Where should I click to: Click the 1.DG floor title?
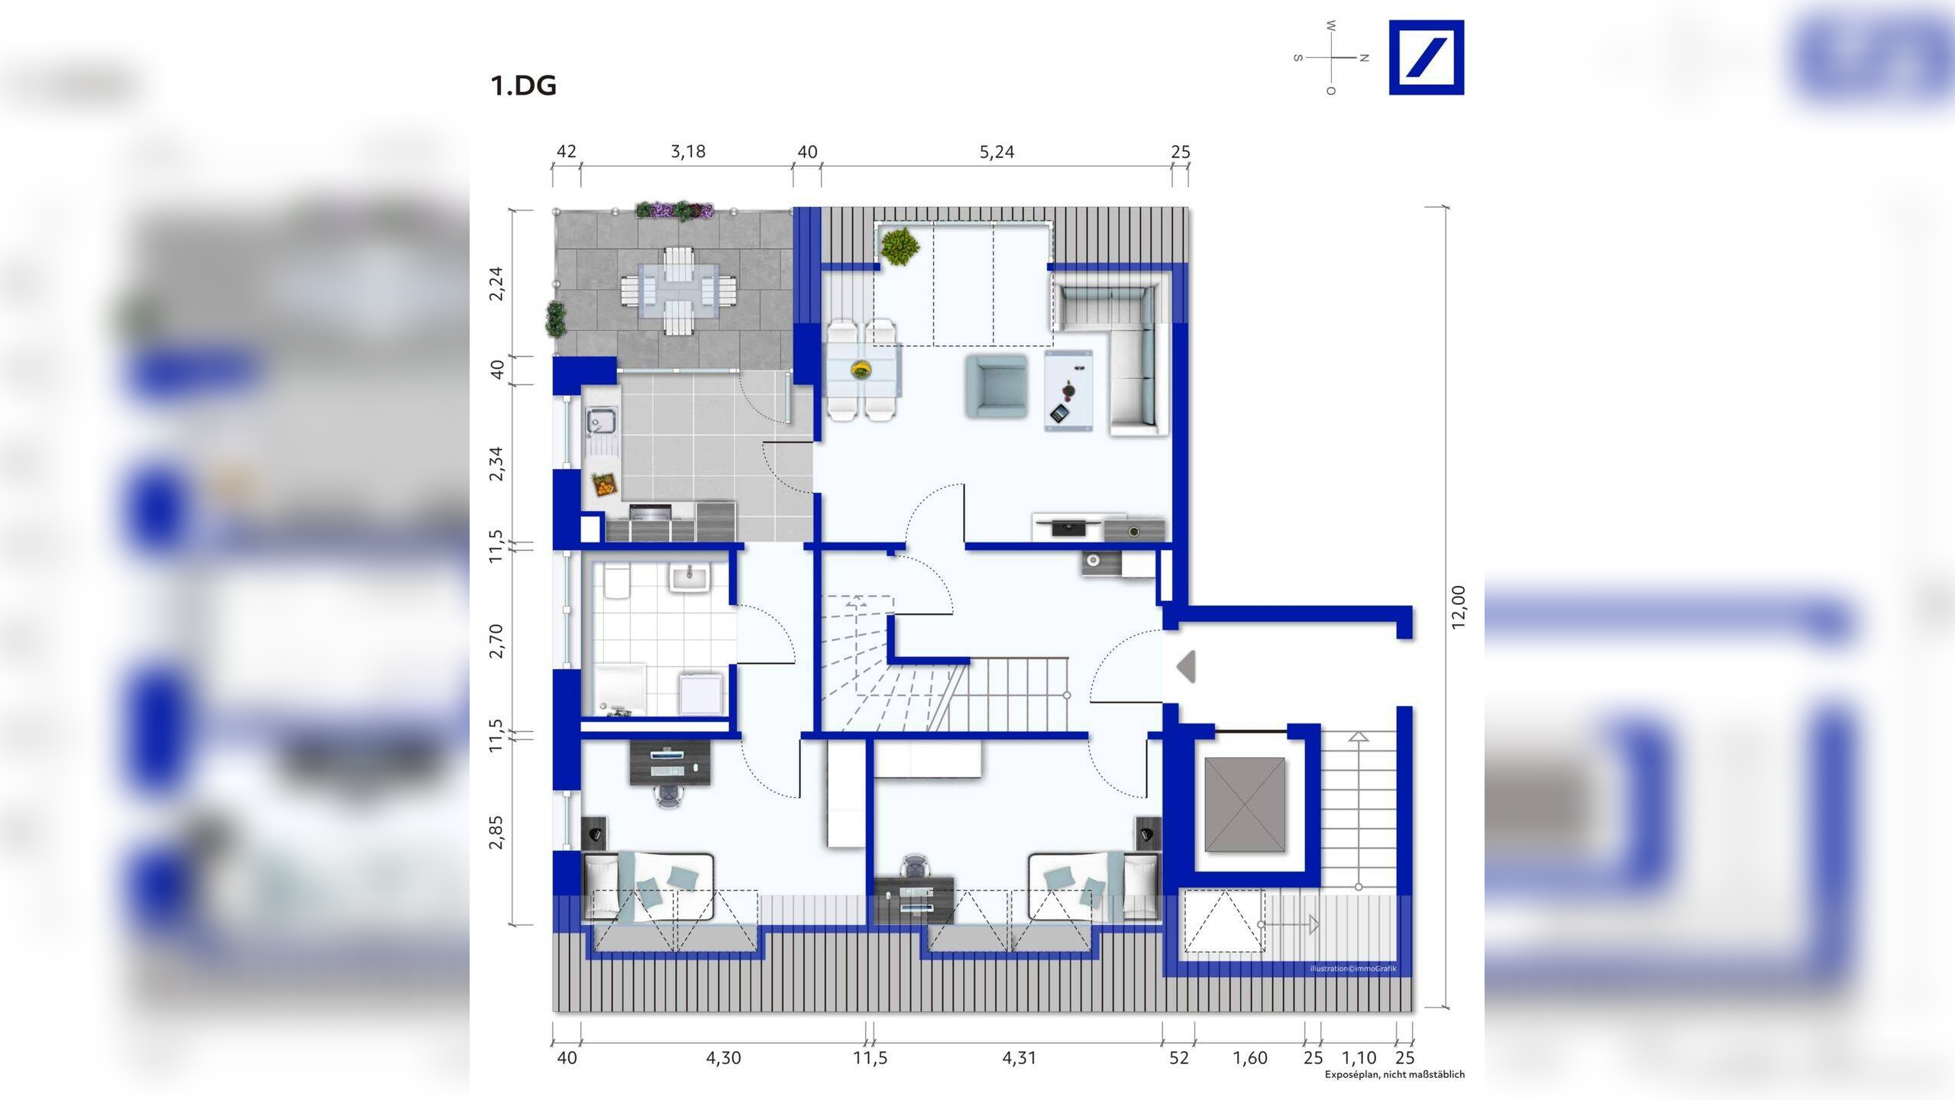click(523, 86)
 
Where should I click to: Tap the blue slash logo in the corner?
click(1426, 57)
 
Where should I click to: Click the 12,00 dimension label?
click(1459, 607)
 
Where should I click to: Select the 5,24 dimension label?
click(997, 152)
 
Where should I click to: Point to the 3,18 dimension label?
click(688, 151)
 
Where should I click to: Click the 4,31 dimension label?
click(1019, 1058)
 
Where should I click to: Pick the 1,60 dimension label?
click(1249, 1058)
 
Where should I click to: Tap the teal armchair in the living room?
click(996, 386)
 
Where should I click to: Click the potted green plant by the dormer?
click(900, 246)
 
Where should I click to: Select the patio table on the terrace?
click(679, 290)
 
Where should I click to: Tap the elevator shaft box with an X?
click(1245, 804)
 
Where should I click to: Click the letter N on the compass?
click(1365, 57)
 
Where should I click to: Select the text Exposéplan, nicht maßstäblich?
click(1394, 1074)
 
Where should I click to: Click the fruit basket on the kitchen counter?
click(603, 484)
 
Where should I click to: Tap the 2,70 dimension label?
click(496, 640)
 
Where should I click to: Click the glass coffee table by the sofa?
click(1068, 390)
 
